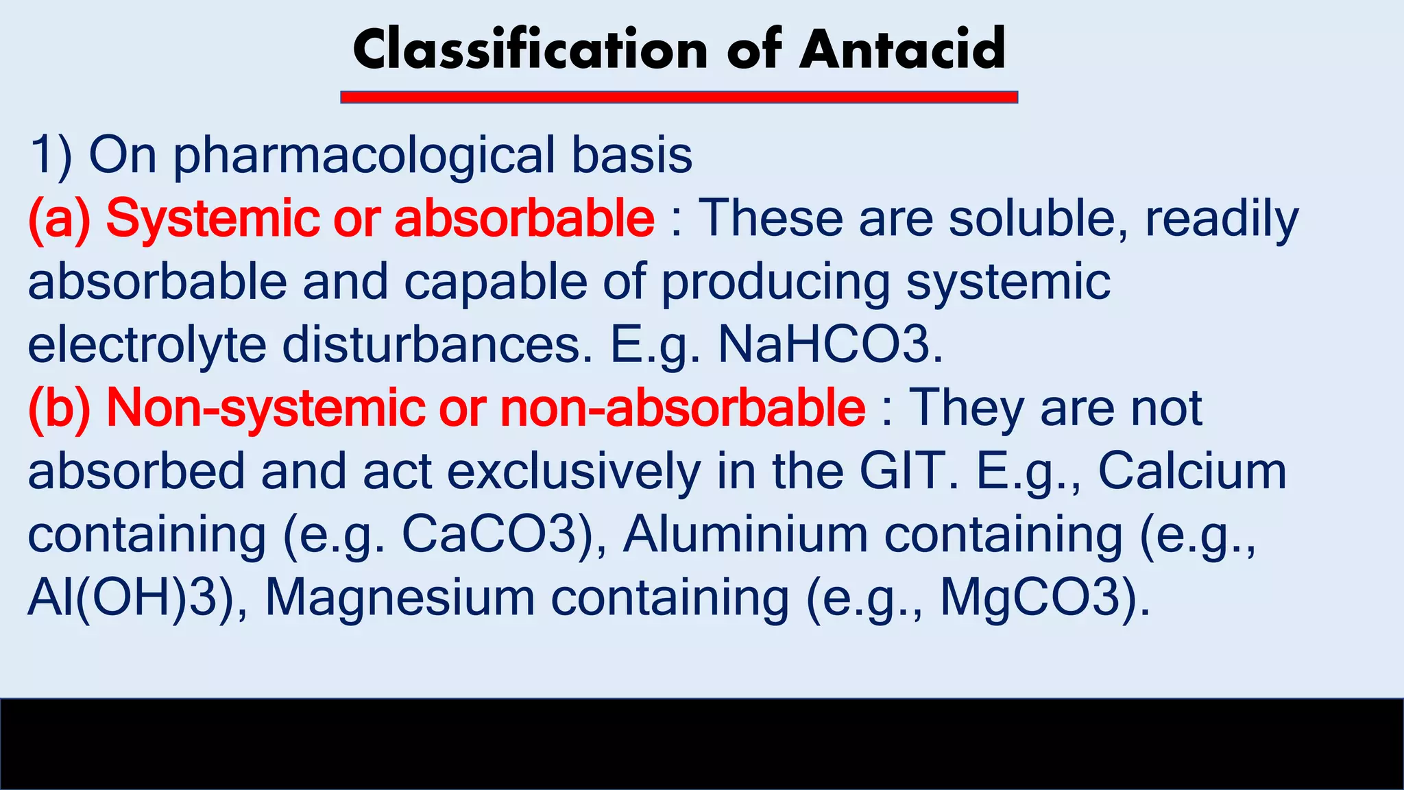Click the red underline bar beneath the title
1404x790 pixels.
679,97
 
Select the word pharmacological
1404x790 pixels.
364,157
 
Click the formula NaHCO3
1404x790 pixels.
830,345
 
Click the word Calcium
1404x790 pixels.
1193,472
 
